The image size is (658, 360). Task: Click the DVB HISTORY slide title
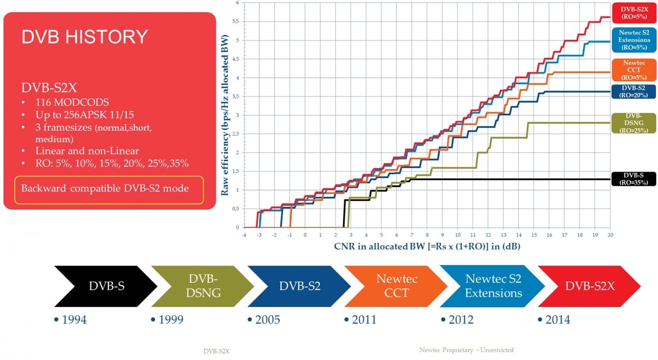[84, 37]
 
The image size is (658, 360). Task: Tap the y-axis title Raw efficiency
[225, 114]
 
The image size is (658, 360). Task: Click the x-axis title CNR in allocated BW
[427, 247]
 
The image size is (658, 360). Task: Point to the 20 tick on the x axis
[610, 234]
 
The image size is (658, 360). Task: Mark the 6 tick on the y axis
[237, 3]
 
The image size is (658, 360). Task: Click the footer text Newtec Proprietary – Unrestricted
[466, 350]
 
